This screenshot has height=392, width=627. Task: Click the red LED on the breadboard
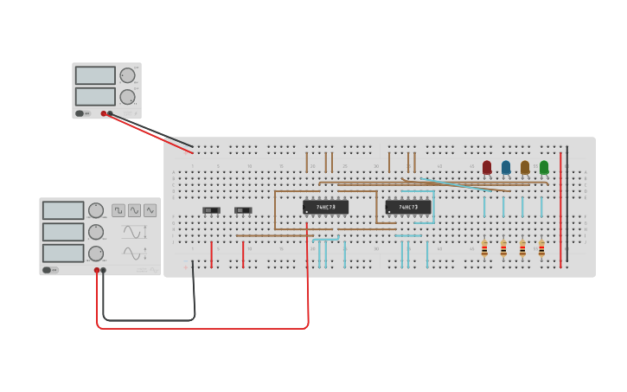tap(487, 167)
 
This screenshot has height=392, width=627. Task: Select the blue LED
tap(506, 167)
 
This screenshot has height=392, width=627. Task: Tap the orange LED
tap(525, 167)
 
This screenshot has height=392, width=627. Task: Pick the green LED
tap(544, 167)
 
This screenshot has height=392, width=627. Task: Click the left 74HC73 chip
tap(325, 208)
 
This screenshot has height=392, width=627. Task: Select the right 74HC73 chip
tap(408, 208)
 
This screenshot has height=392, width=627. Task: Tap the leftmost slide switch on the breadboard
tap(211, 210)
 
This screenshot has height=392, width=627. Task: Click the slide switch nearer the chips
tap(243, 210)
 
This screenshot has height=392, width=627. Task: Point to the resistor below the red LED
tap(484, 249)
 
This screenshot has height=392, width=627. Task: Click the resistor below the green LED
tap(541, 249)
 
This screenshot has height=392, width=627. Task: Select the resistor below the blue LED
tap(503, 249)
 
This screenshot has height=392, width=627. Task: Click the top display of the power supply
tap(95, 75)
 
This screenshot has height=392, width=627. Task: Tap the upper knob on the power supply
tap(127, 75)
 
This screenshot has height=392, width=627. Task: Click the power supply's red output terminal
tap(104, 113)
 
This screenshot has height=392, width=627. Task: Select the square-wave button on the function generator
tap(118, 210)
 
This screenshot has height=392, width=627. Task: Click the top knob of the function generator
tap(96, 210)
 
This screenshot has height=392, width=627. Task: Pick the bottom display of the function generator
tap(63, 253)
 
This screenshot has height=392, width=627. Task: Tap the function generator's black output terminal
tap(104, 270)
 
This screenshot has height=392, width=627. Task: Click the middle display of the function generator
tap(63, 232)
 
